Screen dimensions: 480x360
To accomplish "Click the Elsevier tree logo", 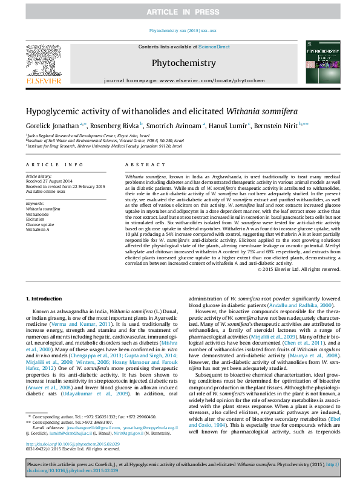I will (x=43, y=60).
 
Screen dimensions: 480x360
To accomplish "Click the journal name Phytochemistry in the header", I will (x=183, y=63).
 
